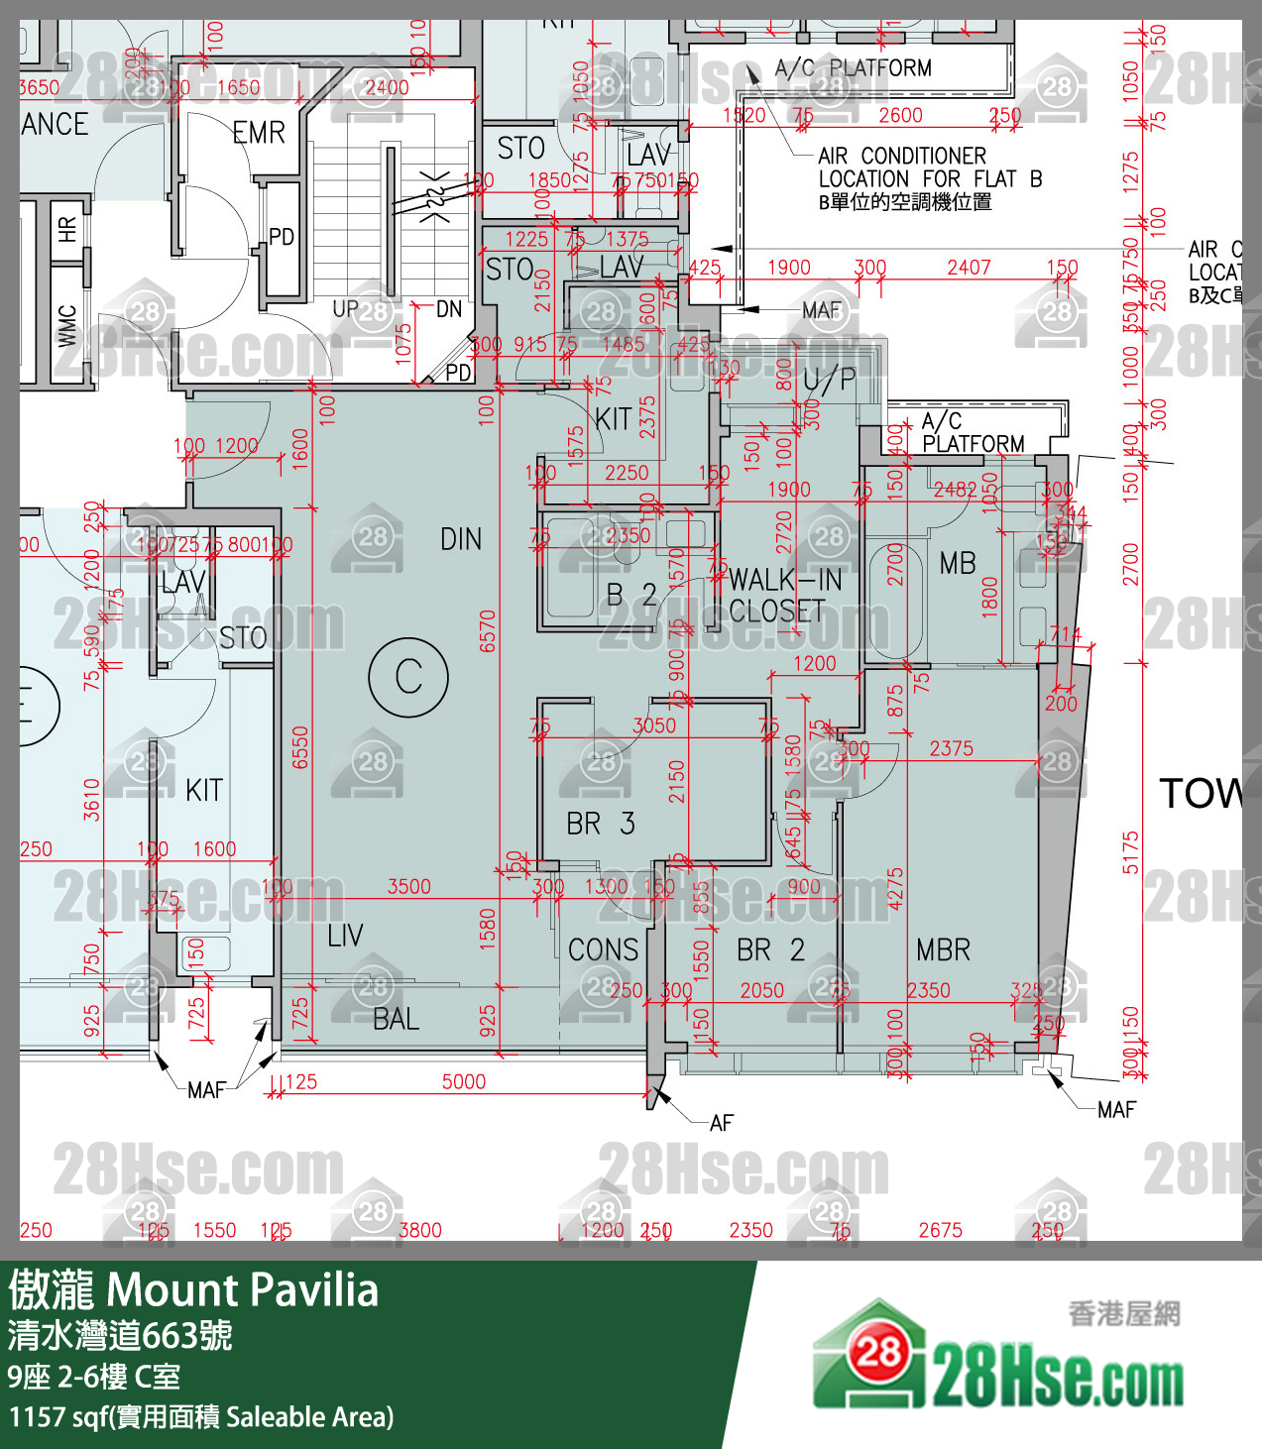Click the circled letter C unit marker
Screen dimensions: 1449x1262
click(x=408, y=678)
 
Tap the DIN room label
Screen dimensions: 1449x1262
click(x=461, y=540)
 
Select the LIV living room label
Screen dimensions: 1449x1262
click(x=345, y=936)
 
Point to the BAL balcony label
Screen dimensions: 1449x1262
click(x=396, y=1019)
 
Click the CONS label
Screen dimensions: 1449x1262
click(x=603, y=950)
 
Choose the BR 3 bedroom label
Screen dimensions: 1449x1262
click(x=601, y=824)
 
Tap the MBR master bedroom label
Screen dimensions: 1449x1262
click(x=943, y=950)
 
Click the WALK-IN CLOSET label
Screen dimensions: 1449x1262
click(x=784, y=596)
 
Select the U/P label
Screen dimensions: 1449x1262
click(x=829, y=380)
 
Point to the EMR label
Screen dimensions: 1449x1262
click(x=259, y=133)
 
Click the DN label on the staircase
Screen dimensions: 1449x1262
click(x=449, y=309)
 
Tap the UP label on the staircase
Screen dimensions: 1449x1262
click(x=345, y=309)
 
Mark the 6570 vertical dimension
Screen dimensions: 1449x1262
click(x=487, y=631)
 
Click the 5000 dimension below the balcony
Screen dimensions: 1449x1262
click(x=463, y=1082)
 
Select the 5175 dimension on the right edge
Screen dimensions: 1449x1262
click(x=1130, y=852)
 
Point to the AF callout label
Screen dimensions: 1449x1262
click(x=721, y=1123)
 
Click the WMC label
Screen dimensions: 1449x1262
click(x=66, y=326)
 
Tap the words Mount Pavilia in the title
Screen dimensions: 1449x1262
click(x=242, y=1290)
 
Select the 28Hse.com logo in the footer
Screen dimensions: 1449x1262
click(x=998, y=1358)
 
